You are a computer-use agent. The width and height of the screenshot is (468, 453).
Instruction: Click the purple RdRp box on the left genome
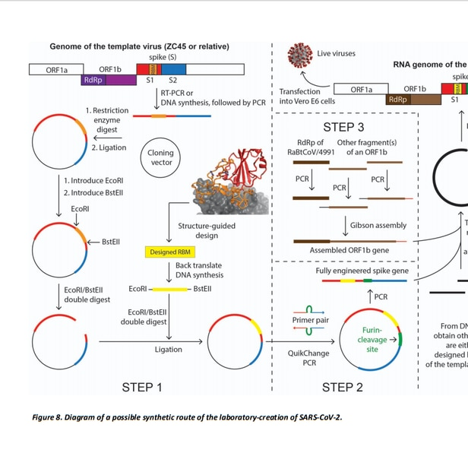[x=93, y=80]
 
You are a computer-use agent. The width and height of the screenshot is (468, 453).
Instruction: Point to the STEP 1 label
[x=142, y=388]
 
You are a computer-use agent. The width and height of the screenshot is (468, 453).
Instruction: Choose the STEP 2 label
[x=343, y=388]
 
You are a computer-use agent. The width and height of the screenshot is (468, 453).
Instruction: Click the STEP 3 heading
[x=343, y=126]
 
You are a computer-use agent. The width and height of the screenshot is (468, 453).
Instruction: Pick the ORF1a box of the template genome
[x=56, y=69]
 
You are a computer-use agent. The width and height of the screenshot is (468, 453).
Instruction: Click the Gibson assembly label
[x=379, y=204]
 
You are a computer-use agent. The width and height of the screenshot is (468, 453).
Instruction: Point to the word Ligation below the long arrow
[x=168, y=350]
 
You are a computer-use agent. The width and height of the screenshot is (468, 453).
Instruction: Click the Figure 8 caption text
[x=187, y=417]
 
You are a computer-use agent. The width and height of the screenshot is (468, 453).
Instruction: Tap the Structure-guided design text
[x=207, y=209]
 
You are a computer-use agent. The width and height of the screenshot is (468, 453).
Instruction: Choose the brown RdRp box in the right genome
[x=397, y=100]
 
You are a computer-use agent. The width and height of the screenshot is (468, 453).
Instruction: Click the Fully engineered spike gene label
[x=362, y=249]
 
